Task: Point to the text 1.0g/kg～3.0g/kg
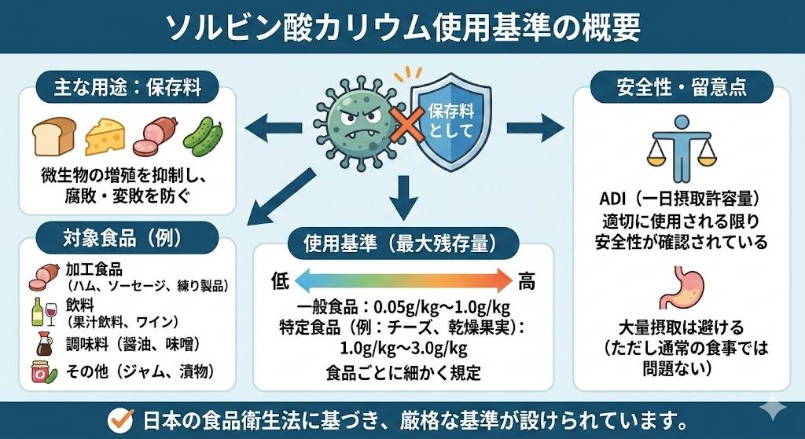coord(403,348)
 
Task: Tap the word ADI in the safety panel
coord(614,198)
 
